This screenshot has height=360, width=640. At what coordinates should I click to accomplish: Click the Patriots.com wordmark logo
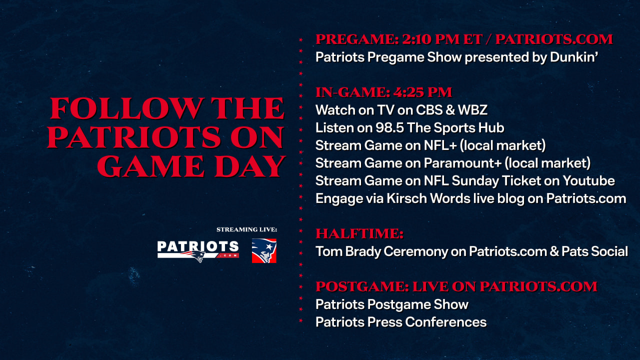point(198,251)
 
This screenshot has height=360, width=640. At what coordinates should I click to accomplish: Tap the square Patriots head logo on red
point(264,251)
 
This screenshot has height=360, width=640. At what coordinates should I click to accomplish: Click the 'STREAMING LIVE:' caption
point(246,229)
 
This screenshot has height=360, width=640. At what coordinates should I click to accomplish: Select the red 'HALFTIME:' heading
point(359,233)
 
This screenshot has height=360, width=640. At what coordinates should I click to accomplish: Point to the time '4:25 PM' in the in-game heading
point(422,92)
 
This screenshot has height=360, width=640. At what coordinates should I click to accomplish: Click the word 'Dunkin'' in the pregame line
point(573,57)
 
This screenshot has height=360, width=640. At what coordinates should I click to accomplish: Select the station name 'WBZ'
point(472,110)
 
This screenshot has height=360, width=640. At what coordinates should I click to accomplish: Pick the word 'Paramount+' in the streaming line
point(462,163)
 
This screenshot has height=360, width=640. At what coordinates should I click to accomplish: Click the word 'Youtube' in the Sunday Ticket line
point(588,181)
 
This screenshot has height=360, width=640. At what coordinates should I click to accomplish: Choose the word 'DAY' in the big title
point(250,166)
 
